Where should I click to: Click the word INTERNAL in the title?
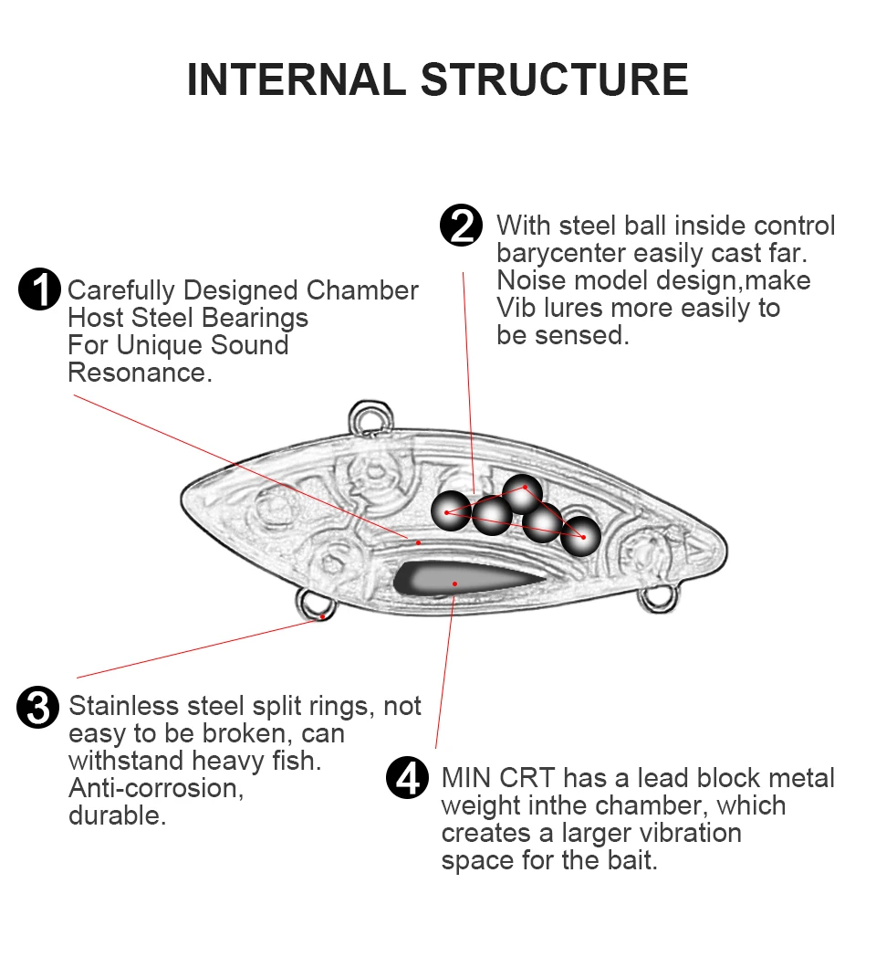click(297, 79)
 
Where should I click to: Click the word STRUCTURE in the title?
click(555, 79)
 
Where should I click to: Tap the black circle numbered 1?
click(39, 289)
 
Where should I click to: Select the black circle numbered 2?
click(461, 226)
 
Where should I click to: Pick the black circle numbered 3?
click(37, 708)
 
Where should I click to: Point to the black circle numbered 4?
click(408, 778)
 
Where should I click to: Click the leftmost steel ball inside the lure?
click(450, 510)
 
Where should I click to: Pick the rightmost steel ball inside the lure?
click(580, 536)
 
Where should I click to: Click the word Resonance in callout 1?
click(140, 373)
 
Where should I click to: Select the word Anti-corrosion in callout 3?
click(156, 788)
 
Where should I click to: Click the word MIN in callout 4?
click(466, 778)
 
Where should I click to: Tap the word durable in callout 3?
click(117, 815)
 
